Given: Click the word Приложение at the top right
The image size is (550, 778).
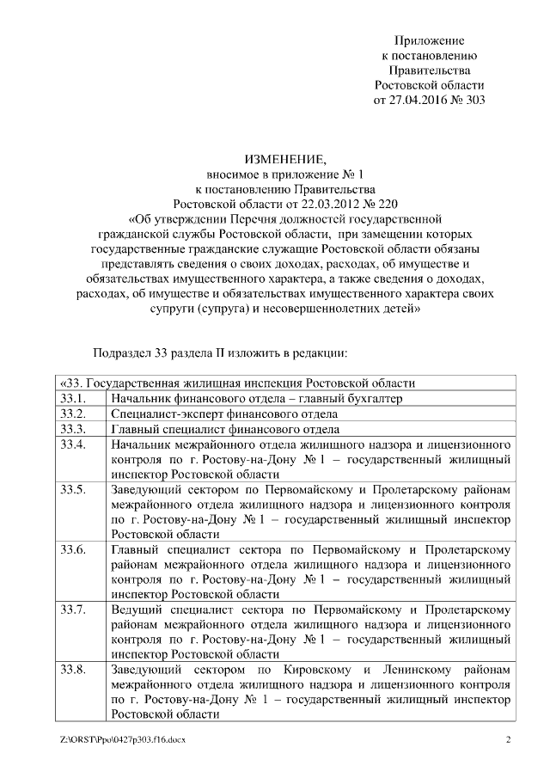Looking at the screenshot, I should [x=429, y=40].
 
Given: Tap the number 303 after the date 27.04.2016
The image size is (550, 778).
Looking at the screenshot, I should [x=475, y=100].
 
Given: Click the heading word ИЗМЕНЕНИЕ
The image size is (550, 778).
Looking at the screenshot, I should [x=284, y=160].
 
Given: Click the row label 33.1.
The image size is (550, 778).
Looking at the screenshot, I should [x=73, y=399].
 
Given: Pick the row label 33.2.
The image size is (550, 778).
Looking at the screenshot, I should [x=73, y=414].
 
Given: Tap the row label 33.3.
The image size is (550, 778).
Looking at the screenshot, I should [x=73, y=429].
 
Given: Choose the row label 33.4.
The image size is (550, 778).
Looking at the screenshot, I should [x=73, y=444].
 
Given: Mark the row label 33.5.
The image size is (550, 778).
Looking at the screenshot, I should [x=73, y=490].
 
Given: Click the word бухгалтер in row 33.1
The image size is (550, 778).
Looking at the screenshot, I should [x=376, y=399].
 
